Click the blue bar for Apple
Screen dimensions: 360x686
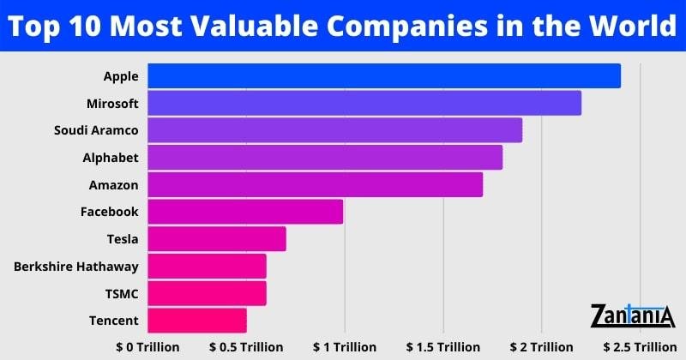(x=383, y=75)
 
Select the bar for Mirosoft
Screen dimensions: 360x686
(x=364, y=103)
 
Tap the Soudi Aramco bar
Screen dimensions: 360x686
(x=334, y=130)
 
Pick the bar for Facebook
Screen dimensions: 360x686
(x=245, y=212)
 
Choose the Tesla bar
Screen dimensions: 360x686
(x=217, y=239)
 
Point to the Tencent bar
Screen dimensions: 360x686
(x=197, y=321)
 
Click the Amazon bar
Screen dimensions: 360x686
(x=315, y=184)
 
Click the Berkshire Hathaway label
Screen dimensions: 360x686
(x=75, y=267)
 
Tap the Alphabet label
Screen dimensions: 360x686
(x=110, y=158)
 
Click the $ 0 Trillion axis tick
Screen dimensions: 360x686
(x=147, y=346)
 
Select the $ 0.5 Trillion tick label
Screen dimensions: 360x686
(x=246, y=346)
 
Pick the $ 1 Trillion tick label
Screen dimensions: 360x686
(x=344, y=346)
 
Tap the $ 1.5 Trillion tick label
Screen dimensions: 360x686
(x=442, y=346)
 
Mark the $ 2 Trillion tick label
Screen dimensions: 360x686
(x=540, y=346)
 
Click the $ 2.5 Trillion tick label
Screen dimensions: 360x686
(x=639, y=346)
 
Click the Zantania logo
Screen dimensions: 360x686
(x=633, y=315)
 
